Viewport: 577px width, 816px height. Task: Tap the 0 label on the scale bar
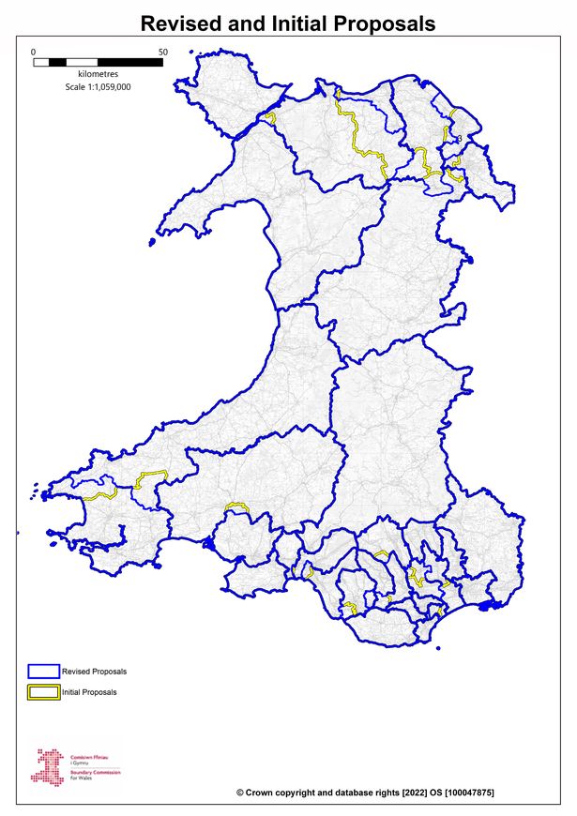coord(34,52)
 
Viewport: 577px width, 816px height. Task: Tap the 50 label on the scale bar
coord(163,52)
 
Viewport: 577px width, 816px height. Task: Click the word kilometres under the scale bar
coord(98,74)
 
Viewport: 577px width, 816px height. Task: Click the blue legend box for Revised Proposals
coord(43,672)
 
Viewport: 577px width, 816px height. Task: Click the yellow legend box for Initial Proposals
coord(43,692)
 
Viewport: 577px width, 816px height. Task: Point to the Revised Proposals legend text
coord(94,672)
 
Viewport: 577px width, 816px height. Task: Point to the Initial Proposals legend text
coord(90,692)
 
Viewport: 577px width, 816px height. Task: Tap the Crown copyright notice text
coord(366,793)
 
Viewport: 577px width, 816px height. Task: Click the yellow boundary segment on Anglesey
coord(270,118)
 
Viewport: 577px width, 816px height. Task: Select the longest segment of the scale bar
coord(130,62)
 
